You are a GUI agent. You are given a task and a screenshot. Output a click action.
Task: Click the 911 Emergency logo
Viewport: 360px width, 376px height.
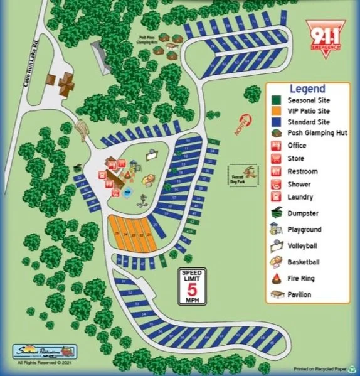tap(326, 36)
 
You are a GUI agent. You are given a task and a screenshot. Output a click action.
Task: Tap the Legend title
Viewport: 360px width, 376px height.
tap(307, 89)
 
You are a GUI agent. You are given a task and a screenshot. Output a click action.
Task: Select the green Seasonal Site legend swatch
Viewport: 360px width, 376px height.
tap(276, 100)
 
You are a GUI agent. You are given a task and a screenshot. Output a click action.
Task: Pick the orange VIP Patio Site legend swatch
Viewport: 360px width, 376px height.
tap(276, 111)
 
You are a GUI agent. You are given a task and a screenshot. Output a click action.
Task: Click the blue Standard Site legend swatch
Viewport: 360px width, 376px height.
tap(276, 122)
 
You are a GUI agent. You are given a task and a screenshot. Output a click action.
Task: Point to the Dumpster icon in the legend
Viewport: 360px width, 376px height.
tap(276, 213)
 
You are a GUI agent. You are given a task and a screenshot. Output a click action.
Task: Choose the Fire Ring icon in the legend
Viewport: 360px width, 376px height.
tap(276, 278)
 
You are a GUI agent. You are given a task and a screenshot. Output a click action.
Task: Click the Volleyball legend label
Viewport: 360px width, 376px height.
tap(304, 245)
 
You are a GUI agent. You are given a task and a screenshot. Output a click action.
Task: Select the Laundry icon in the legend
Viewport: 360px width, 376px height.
tap(276, 196)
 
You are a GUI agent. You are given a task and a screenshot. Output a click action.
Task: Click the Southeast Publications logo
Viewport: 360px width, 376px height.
tap(45, 351)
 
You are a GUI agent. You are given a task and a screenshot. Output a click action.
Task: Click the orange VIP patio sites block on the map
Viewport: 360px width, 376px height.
tap(133, 233)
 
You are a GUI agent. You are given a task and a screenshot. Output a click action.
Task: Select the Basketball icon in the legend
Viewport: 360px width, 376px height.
tap(276, 262)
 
